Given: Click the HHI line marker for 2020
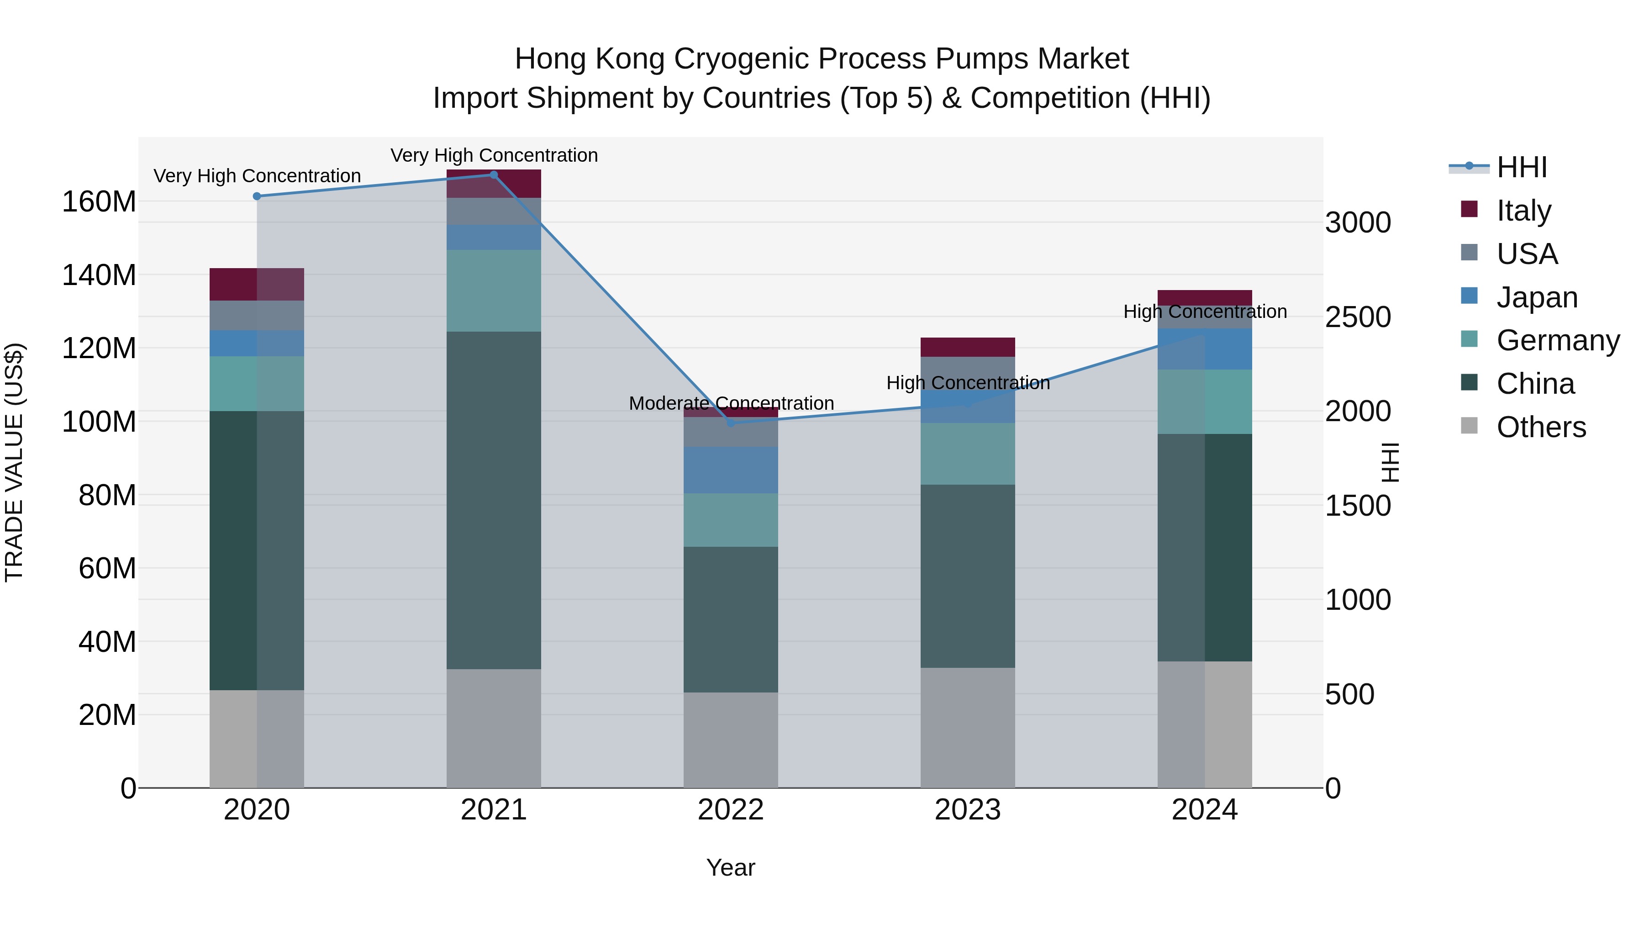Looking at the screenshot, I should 257,196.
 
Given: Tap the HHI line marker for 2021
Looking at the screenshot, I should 493,175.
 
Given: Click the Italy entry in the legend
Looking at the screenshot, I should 1523,210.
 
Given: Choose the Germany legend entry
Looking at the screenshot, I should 1558,340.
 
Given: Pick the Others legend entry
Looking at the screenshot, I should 1541,427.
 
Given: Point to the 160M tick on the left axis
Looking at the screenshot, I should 99,202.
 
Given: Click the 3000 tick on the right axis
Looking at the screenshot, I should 1358,223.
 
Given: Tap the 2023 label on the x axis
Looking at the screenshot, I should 968,810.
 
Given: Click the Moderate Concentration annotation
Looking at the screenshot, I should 732,403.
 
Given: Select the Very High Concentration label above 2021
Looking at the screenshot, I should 494,155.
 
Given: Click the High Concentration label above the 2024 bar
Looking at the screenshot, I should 1205,312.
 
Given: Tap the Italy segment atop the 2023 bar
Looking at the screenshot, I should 968,347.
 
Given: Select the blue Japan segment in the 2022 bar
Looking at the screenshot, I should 731,470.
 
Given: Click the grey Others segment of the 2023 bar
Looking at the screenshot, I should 968,728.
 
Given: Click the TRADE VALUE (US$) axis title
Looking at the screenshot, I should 14,462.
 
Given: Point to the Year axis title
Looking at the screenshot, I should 731,867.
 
